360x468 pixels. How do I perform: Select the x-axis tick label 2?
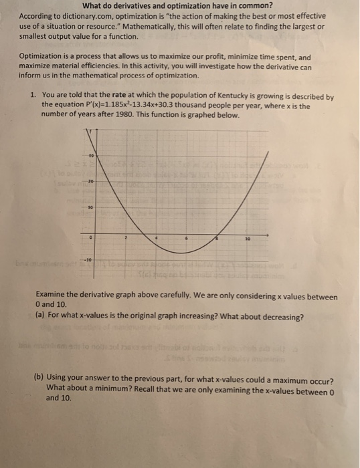(x=124, y=237)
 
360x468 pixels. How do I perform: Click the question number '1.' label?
(x=33, y=96)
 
